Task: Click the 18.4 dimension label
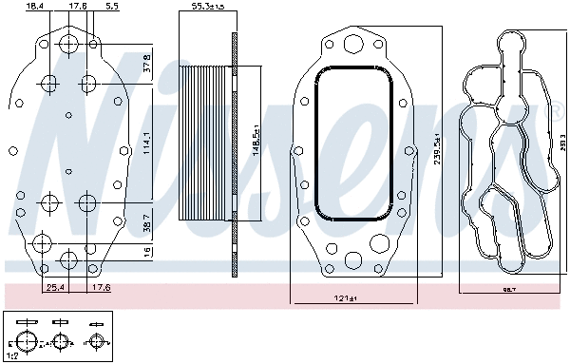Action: coord(34,7)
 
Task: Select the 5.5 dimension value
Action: coord(112,7)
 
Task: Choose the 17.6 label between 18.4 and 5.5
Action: coord(78,7)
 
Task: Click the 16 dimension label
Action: coord(145,252)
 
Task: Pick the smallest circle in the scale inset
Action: coord(95,341)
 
